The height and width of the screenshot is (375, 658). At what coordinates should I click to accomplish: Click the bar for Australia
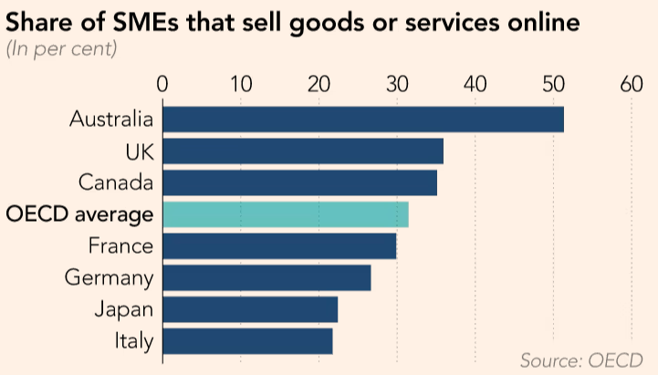click(362, 120)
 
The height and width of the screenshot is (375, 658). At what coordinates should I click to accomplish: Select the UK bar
click(302, 151)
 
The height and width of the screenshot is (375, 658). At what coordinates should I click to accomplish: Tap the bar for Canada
click(299, 182)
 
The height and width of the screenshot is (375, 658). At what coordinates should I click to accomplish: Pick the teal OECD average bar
click(285, 214)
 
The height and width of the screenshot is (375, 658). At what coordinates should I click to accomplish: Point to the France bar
click(278, 246)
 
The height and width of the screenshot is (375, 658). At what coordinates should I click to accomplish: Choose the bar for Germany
click(266, 277)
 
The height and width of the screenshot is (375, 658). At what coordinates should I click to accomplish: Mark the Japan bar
click(249, 309)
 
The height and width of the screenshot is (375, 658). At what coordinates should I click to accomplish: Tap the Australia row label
click(110, 120)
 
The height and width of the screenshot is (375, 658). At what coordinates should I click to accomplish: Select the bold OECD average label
click(78, 214)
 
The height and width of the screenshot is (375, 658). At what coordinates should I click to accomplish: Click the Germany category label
click(109, 277)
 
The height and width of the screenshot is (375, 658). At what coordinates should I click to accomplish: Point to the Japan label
click(122, 309)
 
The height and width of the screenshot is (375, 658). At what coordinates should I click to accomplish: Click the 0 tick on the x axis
click(162, 85)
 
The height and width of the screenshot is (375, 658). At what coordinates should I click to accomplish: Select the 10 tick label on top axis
click(240, 85)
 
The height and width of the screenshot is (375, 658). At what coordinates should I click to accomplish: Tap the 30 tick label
click(397, 85)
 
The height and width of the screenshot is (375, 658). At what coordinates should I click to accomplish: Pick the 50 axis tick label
click(554, 85)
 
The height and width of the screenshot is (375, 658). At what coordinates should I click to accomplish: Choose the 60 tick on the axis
click(632, 85)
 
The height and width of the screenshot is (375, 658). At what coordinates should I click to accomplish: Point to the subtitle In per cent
click(61, 48)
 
